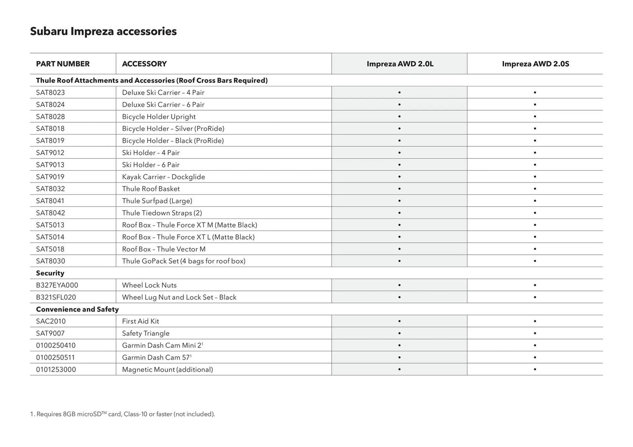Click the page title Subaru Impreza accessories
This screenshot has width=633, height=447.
click(103, 31)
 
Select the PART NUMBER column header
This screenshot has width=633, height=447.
click(63, 64)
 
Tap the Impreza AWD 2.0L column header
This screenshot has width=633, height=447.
click(400, 64)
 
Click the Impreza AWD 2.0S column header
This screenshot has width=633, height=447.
click(535, 64)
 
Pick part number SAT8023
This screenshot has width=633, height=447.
click(50, 92)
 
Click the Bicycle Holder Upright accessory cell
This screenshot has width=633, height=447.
click(159, 117)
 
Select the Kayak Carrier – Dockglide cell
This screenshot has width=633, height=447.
click(163, 177)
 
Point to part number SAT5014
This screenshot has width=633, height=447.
click(50, 237)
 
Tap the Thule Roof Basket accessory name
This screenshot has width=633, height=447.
click(151, 189)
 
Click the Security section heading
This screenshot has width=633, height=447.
click(50, 273)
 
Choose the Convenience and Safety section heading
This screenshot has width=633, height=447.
click(77, 309)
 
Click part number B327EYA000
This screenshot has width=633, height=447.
click(57, 285)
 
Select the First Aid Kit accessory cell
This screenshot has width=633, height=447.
click(140, 321)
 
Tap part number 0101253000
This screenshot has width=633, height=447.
click(56, 369)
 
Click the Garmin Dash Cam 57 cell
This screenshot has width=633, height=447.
click(156, 357)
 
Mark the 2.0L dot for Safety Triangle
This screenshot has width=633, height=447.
click(399, 333)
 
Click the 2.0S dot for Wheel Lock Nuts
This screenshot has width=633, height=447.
click(535, 285)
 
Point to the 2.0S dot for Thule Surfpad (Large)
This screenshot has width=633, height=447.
click(535, 201)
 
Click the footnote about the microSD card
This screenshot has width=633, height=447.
click(122, 414)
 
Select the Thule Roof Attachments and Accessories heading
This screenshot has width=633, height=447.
click(152, 81)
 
